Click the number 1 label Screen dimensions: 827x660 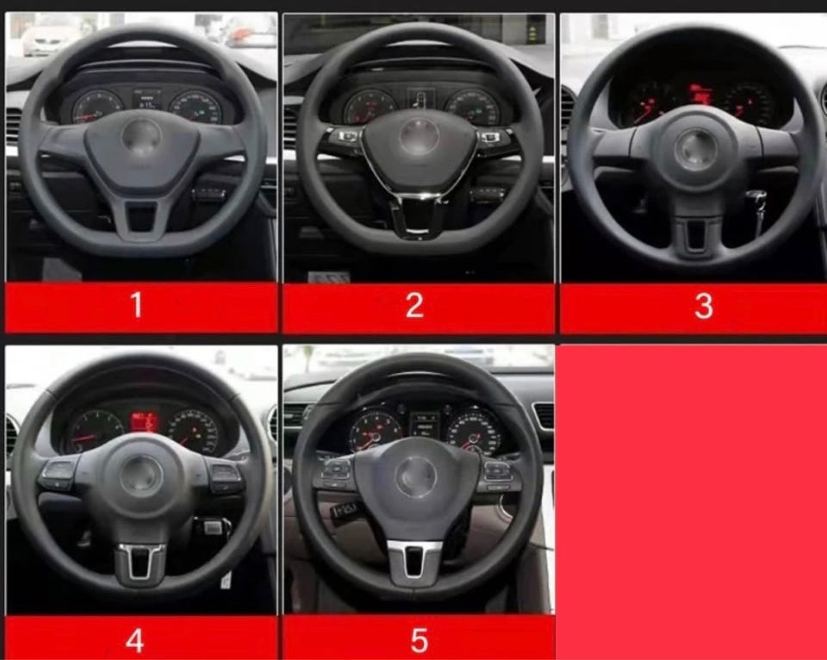(137, 305)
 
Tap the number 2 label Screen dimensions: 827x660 (414, 305)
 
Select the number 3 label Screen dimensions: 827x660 (704, 306)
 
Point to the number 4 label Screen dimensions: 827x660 (135, 640)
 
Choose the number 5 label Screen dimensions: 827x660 (420, 640)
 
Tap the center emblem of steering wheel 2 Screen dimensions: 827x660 (420, 136)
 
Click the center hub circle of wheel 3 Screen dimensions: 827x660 (696, 149)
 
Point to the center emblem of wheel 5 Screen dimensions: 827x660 (416, 476)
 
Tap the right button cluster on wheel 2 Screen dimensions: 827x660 (493, 138)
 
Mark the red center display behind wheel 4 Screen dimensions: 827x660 (145, 421)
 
